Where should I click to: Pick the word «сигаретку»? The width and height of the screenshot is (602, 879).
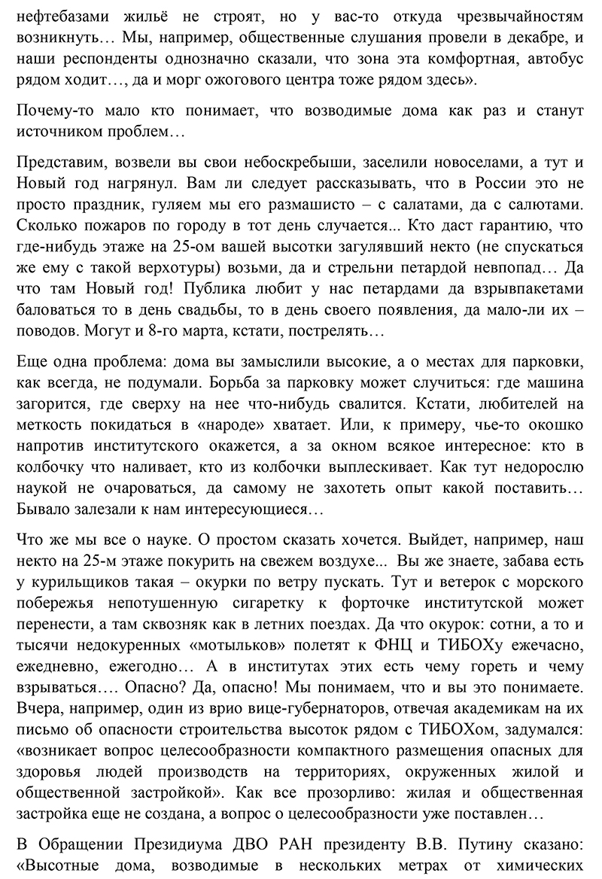[x=249, y=603]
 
